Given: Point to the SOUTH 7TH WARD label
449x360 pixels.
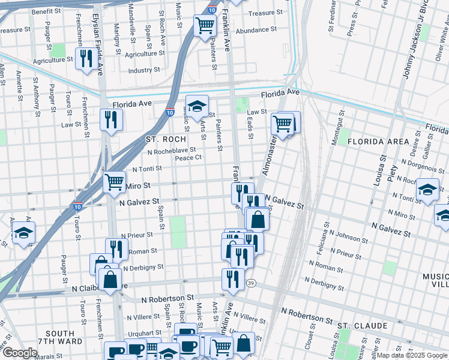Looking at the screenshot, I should [60, 338].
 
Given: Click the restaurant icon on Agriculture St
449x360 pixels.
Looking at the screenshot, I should [85, 58].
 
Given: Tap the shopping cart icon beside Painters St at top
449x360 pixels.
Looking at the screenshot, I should [205, 26].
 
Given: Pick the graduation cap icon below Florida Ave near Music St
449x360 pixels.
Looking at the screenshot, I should [197, 106].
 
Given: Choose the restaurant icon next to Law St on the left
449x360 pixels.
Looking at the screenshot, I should [111, 119].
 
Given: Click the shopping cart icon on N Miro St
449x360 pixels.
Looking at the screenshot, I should [114, 182].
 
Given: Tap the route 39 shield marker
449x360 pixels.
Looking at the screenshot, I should [250, 283].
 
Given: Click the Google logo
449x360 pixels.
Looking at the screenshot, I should [20, 353].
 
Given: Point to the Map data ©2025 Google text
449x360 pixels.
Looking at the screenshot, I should [412, 355].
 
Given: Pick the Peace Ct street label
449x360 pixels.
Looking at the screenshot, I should [187, 158].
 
